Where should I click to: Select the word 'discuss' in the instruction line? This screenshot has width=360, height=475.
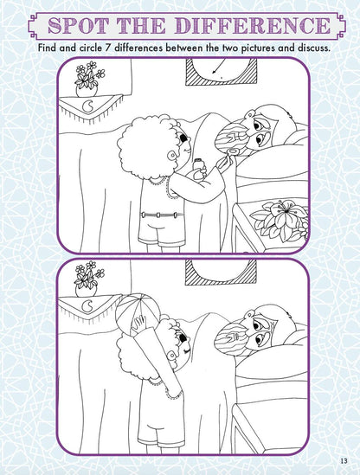point(308,48)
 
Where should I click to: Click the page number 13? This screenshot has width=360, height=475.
point(344,459)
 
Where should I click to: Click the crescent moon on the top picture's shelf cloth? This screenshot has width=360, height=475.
point(93,108)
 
